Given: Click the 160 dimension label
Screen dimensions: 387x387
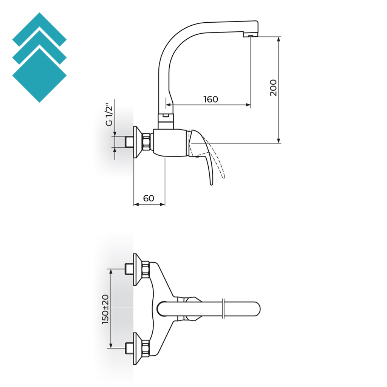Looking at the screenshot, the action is [211, 99].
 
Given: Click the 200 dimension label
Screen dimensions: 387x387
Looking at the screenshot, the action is [273, 88].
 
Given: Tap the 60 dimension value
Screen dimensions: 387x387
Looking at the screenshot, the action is [149, 198].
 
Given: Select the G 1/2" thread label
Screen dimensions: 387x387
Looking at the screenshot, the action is [109, 116].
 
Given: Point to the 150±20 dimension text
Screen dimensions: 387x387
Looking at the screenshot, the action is [105, 309].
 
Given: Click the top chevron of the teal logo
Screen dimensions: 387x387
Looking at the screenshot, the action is [39, 29].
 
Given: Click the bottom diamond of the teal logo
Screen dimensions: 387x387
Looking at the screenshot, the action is [39, 75].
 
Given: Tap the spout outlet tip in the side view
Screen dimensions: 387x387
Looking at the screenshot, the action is [250, 36].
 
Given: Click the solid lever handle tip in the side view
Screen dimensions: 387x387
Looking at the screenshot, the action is [211, 184].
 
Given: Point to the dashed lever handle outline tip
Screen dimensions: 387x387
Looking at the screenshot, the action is [224, 177].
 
